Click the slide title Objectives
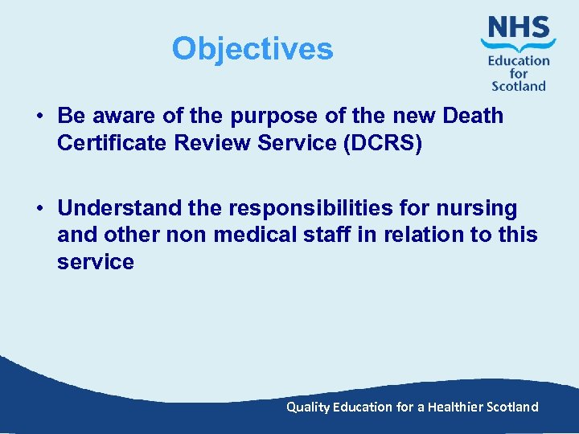point(252,49)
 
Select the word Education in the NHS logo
point(519,60)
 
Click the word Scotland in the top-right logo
point(519,85)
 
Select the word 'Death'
point(472,116)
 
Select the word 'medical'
point(246,235)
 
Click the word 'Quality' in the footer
point(308,407)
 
